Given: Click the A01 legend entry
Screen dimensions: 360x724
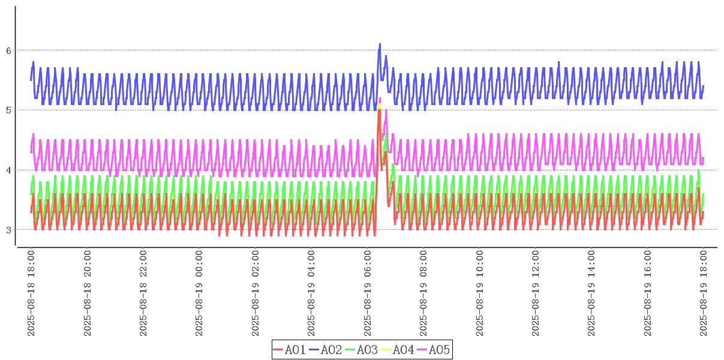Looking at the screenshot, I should coord(290,350).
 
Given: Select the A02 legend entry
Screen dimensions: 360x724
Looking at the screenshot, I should coord(326,350).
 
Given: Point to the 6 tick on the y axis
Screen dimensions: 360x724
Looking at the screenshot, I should coord(9,50).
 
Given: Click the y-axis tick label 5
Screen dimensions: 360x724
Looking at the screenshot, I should coord(9,110).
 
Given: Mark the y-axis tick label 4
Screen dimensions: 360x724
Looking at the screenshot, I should coord(9,170).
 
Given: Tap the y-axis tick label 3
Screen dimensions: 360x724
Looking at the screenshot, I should coord(9,230).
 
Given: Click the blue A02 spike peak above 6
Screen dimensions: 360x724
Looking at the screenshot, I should coord(380,44).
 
